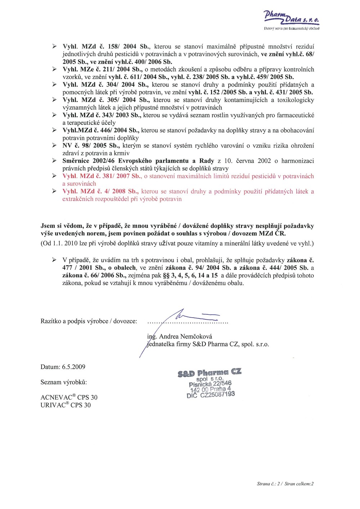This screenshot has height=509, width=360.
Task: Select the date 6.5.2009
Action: [73, 367]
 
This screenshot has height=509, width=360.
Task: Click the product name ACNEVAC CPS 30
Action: [69, 397]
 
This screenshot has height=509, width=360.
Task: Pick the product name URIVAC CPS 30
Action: [66, 405]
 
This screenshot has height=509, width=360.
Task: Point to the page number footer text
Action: [285, 484]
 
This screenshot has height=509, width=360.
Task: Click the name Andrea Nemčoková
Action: [185, 337]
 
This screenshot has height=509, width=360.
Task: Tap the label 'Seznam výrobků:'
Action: [64, 382]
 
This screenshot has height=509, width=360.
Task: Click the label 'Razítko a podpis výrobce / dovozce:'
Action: [89, 321]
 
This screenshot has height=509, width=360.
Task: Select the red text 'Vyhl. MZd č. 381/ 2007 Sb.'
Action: [101, 176]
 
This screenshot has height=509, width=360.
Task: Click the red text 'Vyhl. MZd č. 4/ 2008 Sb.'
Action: [100, 191]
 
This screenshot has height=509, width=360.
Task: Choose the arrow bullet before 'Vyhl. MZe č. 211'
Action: [54, 69]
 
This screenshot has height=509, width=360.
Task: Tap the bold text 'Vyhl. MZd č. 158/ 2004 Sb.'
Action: [106, 46]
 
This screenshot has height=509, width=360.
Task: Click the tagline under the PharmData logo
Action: [292, 28]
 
